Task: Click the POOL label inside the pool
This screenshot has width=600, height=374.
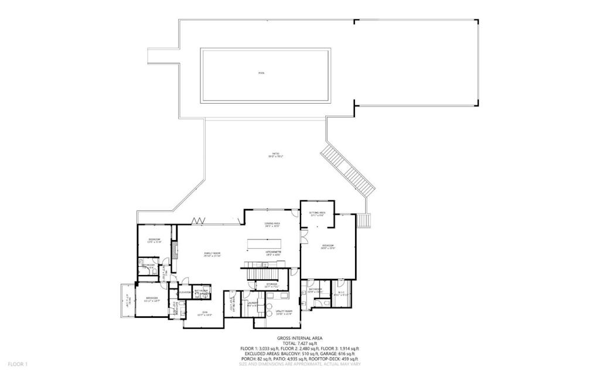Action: [x=261, y=73]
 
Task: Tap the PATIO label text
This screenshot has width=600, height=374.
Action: [x=275, y=155]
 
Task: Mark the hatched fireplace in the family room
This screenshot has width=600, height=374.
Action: [x=174, y=250]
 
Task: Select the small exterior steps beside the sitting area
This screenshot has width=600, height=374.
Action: [x=364, y=220]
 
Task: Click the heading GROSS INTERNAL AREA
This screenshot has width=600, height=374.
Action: [x=299, y=338]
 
